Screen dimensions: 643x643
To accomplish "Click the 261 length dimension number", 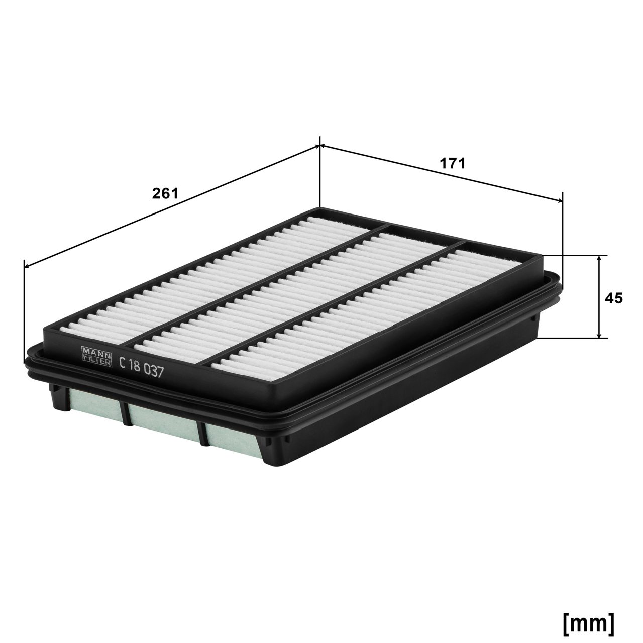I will tap(165, 193).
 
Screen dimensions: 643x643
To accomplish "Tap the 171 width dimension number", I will tap(453, 163).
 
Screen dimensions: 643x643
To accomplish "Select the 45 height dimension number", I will tap(613, 298).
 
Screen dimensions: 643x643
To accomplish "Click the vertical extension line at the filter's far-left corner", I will tap(24, 311).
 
